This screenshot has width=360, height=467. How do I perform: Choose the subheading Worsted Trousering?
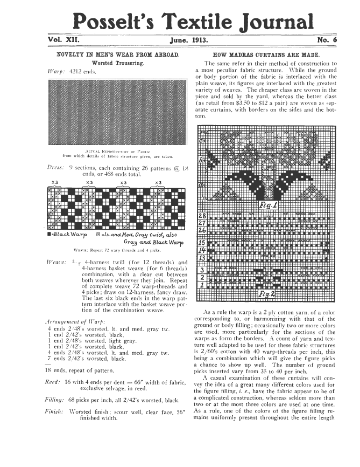pos(117,64)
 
